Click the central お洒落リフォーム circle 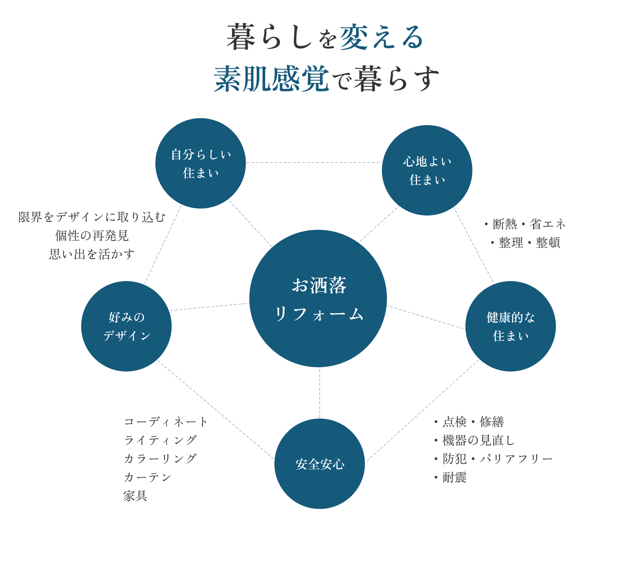[318, 298]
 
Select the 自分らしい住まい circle [201, 163]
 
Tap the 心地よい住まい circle [427, 170]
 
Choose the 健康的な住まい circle [511, 326]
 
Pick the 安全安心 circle [320, 464]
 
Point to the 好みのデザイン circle [126, 326]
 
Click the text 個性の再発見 [92, 236]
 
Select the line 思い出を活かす [92, 254]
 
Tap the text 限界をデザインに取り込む [92, 217]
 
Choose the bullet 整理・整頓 [526, 242]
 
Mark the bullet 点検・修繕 [469, 422]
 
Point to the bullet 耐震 [451, 478]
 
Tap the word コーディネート [166, 422]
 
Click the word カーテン [148, 478]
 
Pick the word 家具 [135, 496]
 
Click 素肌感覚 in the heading [271, 79]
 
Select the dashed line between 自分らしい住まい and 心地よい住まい [314, 163]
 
